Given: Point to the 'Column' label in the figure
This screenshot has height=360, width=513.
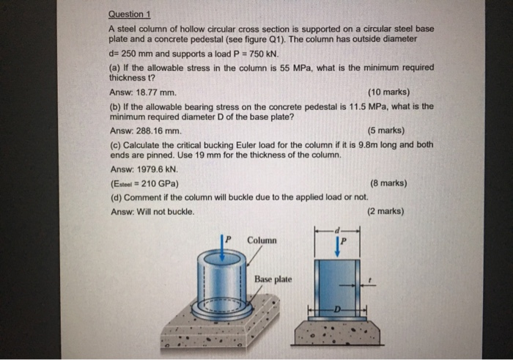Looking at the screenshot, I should click(262, 240).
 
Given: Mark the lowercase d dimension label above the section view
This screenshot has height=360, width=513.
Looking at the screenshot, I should click(336, 228).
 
